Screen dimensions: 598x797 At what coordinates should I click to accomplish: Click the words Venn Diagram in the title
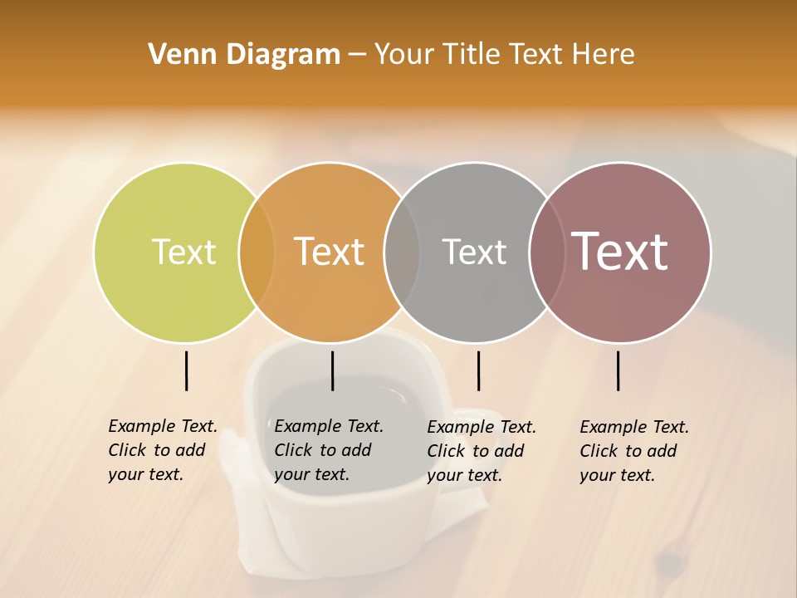[244, 55]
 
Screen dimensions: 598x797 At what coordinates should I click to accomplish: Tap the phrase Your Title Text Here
[504, 55]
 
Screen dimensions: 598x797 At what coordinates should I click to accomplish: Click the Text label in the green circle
[183, 252]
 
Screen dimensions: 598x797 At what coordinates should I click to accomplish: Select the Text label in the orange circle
[329, 252]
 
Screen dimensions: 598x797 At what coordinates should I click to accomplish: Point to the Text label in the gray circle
[474, 252]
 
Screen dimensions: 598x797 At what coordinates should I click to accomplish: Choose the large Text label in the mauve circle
[619, 252]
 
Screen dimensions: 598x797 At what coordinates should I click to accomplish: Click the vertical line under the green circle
[186, 370]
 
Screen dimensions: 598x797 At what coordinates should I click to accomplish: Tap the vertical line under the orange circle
[332, 370]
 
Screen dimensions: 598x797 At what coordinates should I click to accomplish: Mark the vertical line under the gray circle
[478, 370]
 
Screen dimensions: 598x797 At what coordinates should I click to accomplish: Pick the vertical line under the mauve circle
[618, 370]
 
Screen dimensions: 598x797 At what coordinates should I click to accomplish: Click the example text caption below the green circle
[163, 450]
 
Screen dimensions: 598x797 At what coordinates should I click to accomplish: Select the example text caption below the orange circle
[329, 450]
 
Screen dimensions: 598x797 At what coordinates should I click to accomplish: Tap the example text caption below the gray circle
[482, 451]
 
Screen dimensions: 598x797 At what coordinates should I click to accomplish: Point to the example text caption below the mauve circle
[634, 451]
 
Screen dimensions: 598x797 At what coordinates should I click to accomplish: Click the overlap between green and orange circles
[257, 252]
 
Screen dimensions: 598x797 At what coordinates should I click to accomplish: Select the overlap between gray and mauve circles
[546, 252]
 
